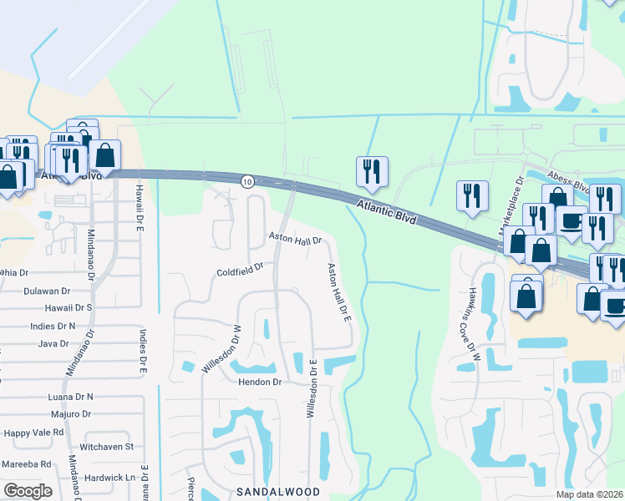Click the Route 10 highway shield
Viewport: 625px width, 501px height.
[247, 181]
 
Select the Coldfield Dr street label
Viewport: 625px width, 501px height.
[240, 271]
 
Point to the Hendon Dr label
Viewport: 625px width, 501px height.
[262, 382]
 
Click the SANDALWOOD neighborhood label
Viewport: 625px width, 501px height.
[278, 492]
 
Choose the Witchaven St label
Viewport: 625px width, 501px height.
[106, 447]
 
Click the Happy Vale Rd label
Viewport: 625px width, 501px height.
[33, 433]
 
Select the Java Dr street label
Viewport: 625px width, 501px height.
[53, 343]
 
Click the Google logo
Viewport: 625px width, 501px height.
[28, 491]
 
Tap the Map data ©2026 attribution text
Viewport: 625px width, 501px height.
[589, 494]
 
